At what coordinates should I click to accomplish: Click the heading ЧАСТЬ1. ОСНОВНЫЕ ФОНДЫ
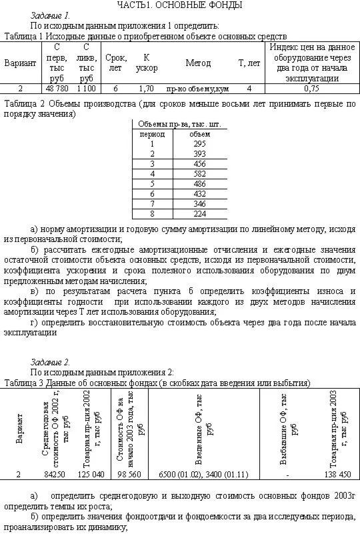(x=179, y=5)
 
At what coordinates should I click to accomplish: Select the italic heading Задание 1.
(x=50, y=15)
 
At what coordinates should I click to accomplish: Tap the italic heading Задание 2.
(x=50, y=362)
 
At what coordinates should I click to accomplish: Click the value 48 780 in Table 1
(x=57, y=88)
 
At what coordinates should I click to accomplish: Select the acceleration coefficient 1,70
(x=146, y=88)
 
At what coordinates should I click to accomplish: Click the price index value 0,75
(x=311, y=88)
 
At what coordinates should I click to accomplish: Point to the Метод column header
(x=198, y=63)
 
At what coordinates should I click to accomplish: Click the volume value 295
(x=200, y=143)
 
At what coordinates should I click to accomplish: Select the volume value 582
(x=200, y=173)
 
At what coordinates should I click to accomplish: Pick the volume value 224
(x=200, y=213)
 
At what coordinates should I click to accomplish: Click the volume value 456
(x=200, y=163)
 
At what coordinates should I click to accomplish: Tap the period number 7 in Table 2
(x=152, y=203)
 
